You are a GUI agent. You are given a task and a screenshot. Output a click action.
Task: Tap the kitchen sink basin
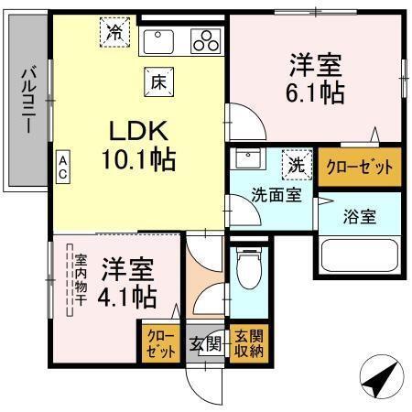tap(161, 41)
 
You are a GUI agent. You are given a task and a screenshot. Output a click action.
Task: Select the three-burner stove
tap(205, 41)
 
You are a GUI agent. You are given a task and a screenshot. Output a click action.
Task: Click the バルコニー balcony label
tap(28, 101)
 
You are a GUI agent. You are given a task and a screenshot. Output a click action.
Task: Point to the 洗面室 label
tap(277, 196)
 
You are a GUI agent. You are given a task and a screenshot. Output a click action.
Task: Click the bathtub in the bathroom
tap(358, 259)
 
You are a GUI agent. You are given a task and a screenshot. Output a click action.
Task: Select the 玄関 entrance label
tap(206, 345)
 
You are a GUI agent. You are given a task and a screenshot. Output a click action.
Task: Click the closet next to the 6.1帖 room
tap(360, 168)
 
